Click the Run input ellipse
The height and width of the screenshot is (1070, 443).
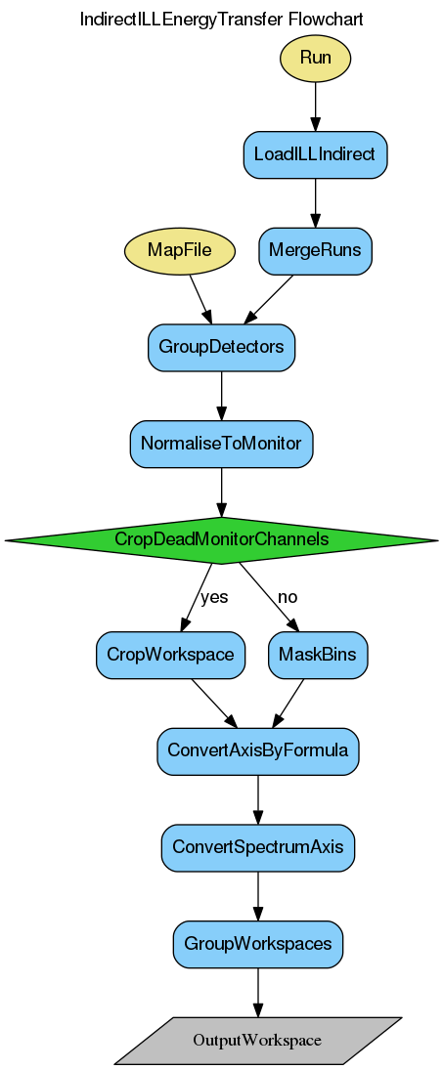(315, 58)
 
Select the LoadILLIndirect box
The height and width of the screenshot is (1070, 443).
(315, 154)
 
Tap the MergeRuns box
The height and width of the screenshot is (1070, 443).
(315, 250)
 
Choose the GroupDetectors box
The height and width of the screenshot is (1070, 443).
(221, 347)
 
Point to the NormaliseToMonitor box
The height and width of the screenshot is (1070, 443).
(221, 443)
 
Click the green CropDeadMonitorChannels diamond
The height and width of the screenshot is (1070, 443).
(221, 539)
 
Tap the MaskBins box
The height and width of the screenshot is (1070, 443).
(317, 654)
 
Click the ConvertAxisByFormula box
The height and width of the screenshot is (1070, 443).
(258, 750)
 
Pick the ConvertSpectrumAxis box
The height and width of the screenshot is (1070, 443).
(258, 846)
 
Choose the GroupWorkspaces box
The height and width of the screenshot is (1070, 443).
(258, 944)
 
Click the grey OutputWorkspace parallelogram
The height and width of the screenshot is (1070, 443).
(258, 1040)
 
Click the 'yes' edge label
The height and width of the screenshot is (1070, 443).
(213, 597)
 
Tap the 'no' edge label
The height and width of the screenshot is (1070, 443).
(288, 597)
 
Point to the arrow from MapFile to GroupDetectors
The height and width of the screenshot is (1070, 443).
(200, 297)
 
